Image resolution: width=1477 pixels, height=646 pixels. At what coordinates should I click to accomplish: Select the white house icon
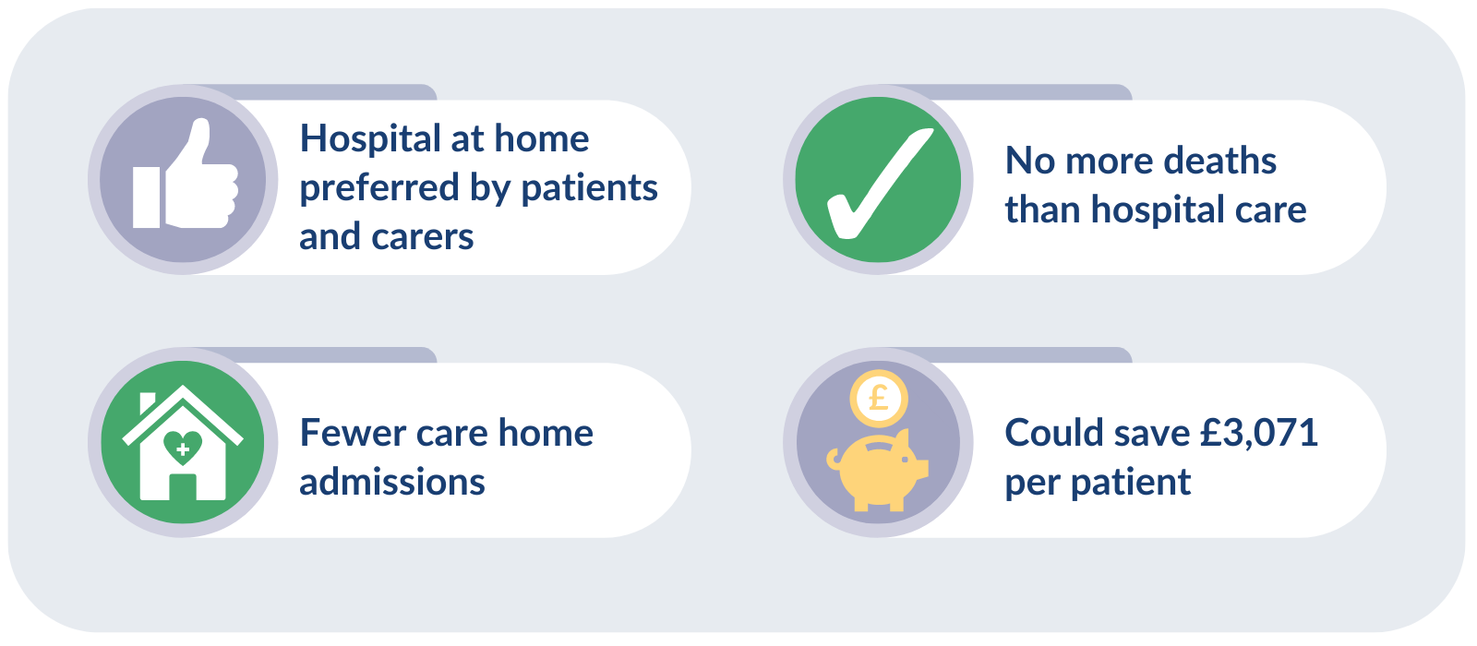tap(183, 443)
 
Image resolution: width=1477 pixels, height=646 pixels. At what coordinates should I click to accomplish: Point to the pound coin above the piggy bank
tap(879, 398)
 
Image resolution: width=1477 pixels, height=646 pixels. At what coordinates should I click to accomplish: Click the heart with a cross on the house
tap(183, 448)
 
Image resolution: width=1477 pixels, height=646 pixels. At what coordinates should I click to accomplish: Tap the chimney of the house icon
tap(148, 403)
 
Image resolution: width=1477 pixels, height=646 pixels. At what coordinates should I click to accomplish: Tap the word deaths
tap(1219, 161)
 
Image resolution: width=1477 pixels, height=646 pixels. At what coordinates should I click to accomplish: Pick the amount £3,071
tap(1259, 433)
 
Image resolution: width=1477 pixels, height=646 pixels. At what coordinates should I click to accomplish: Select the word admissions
tap(392, 482)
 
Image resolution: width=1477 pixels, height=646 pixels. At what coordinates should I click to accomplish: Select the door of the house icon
tap(183, 486)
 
